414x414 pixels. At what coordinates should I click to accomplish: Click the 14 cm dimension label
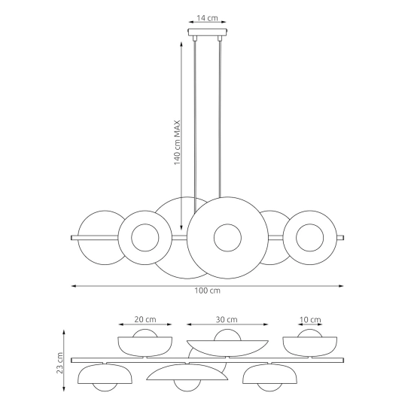[x=207, y=18]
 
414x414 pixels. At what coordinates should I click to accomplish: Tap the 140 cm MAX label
[x=177, y=142]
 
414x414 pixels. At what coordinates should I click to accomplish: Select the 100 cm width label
[x=207, y=291]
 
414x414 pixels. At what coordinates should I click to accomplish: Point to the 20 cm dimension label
[x=145, y=319]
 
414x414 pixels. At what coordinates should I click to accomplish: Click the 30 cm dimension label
[x=227, y=319]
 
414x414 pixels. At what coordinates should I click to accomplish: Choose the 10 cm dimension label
[x=310, y=320]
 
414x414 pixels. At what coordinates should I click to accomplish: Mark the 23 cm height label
[x=60, y=363]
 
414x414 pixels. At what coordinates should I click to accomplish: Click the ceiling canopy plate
[x=208, y=32]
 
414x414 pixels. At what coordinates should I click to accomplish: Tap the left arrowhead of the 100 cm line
[x=74, y=286]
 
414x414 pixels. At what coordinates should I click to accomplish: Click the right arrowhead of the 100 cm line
[x=341, y=286]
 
